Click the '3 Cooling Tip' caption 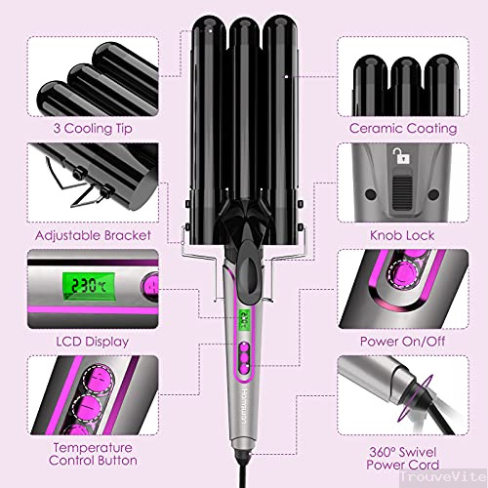80,128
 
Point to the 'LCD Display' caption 80,344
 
